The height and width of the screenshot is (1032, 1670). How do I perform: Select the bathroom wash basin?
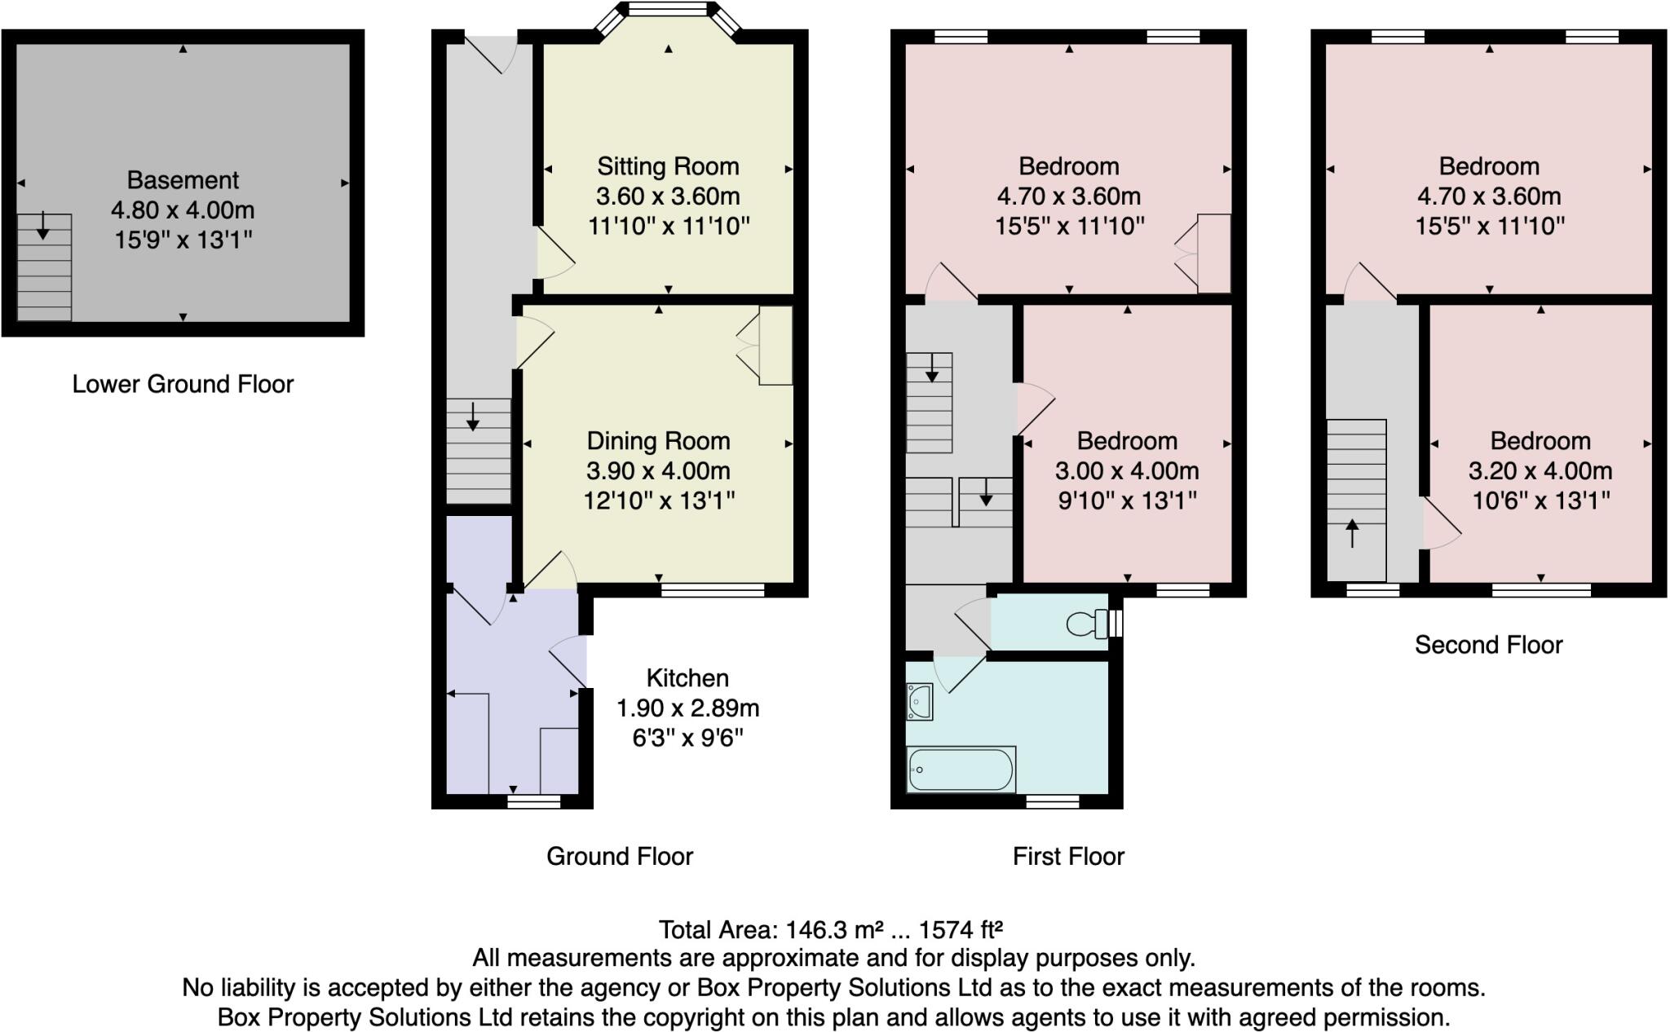[919, 702]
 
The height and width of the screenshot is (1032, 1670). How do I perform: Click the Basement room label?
[183, 180]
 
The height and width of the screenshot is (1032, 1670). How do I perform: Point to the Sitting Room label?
[668, 166]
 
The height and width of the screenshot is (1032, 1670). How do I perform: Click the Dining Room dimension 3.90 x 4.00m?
[658, 471]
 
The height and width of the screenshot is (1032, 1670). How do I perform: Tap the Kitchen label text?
[687, 678]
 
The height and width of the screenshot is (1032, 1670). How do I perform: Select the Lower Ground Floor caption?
[183, 384]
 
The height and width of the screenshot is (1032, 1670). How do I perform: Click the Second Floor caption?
[1488, 645]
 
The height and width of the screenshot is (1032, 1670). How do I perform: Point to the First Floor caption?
[1068, 856]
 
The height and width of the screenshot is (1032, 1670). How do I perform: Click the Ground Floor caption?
[620, 856]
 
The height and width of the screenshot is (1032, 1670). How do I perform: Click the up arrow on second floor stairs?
[1352, 533]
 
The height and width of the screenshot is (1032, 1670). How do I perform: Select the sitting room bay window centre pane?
[668, 10]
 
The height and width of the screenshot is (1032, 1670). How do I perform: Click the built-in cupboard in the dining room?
[775, 346]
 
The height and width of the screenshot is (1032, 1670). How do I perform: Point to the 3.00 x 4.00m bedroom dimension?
[1127, 471]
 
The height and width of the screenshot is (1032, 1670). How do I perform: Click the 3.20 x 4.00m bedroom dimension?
[1540, 471]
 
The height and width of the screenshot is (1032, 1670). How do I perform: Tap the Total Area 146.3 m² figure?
[830, 930]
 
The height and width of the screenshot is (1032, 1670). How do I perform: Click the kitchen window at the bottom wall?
[534, 801]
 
